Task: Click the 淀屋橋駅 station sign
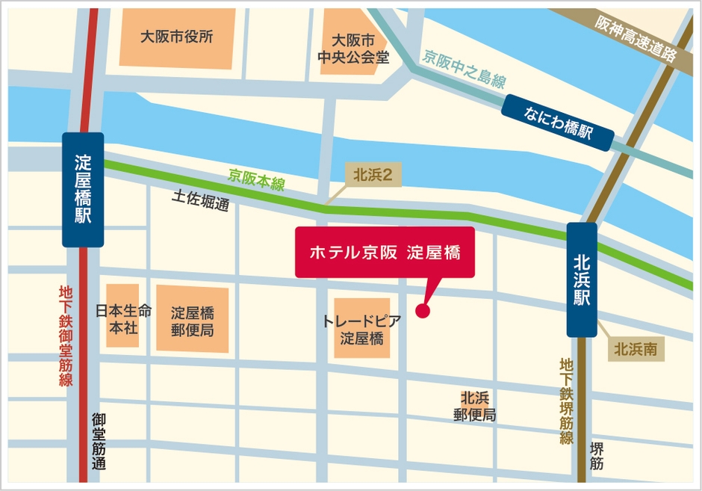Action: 82,190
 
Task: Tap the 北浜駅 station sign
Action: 582,280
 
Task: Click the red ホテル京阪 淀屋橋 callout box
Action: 385,253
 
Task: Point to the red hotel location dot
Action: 423,311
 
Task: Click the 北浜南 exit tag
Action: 636,348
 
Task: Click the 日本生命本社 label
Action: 123,318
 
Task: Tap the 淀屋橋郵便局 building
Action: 192,320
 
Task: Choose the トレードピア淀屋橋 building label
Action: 361,329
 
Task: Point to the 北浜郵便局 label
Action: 474,407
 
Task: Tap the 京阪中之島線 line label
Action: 464,68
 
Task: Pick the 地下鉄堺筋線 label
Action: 566,401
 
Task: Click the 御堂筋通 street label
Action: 99,441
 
